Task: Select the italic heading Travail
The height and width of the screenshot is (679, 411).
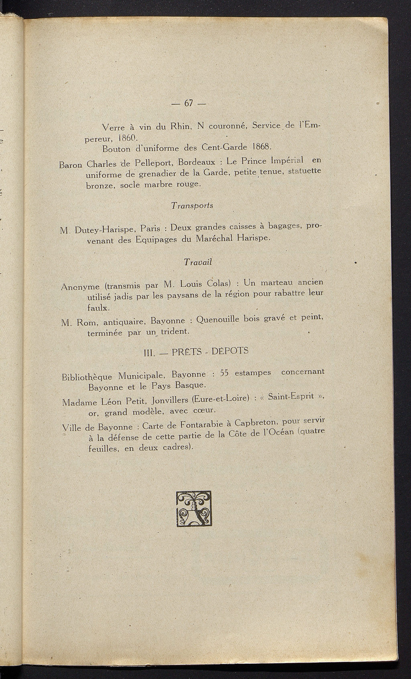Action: [197, 262]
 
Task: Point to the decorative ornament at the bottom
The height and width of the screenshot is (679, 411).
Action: [193, 509]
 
